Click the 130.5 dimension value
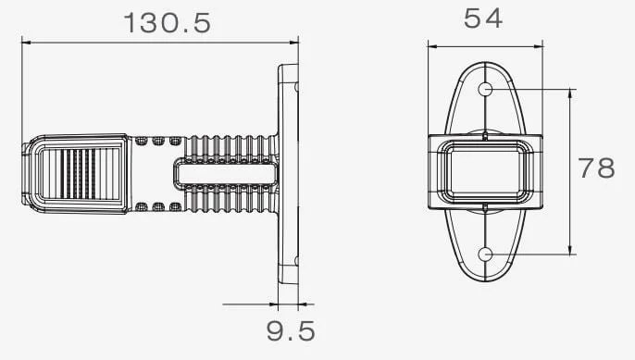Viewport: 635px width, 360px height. pos(168,23)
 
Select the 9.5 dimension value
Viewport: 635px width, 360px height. pos(291,330)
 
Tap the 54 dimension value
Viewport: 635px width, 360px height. pos(483,19)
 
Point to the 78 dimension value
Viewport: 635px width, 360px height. pos(596,168)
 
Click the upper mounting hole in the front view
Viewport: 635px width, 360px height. pos(485,89)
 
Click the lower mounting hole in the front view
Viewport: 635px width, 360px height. pos(485,254)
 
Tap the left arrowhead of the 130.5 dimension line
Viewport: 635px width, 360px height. pos(26,42)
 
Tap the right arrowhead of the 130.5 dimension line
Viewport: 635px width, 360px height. pos(294,42)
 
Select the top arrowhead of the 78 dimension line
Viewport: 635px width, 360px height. pos(570,93)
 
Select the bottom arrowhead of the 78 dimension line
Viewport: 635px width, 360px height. pos(570,250)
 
